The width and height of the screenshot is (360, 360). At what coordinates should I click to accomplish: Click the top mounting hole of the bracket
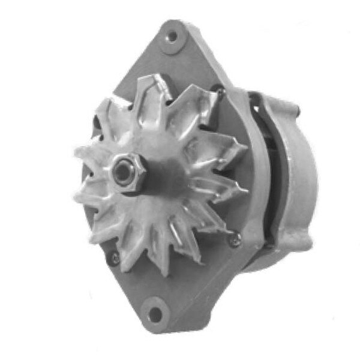tap(173, 36)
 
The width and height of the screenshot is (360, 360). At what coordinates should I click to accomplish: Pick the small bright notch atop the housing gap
tap(257, 96)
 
